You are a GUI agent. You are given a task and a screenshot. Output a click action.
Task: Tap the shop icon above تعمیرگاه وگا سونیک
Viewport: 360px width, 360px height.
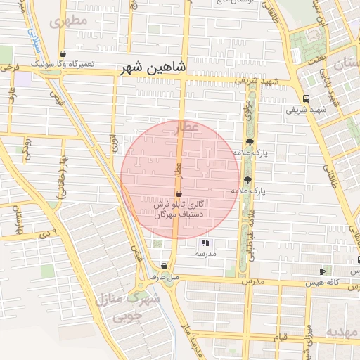[63, 53]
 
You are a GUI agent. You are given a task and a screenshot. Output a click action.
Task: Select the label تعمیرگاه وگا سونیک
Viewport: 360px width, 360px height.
[67, 64]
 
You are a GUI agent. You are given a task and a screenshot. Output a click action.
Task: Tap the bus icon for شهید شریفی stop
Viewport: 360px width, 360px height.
[306, 98]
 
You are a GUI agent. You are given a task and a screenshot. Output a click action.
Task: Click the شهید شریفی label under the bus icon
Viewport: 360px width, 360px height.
[307, 110]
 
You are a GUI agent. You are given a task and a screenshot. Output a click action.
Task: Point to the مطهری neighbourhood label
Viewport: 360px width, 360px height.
[69, 20]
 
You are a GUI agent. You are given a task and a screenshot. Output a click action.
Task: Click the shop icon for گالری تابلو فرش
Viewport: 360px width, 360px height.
[178, 193]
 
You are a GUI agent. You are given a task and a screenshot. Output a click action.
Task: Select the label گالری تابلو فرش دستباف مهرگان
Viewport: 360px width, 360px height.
[181, 208]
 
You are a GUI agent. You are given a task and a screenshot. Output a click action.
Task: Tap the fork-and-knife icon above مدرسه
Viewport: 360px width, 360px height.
[205, 243]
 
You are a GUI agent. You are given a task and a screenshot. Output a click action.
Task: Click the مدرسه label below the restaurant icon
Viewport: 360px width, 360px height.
[205, 253]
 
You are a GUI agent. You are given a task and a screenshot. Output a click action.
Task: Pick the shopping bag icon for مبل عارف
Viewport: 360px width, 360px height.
[164, 266]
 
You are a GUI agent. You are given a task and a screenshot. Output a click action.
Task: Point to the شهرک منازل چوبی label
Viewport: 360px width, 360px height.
[129, 307]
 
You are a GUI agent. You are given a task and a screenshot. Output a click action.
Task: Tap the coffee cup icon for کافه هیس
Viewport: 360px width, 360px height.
[322, 271]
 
